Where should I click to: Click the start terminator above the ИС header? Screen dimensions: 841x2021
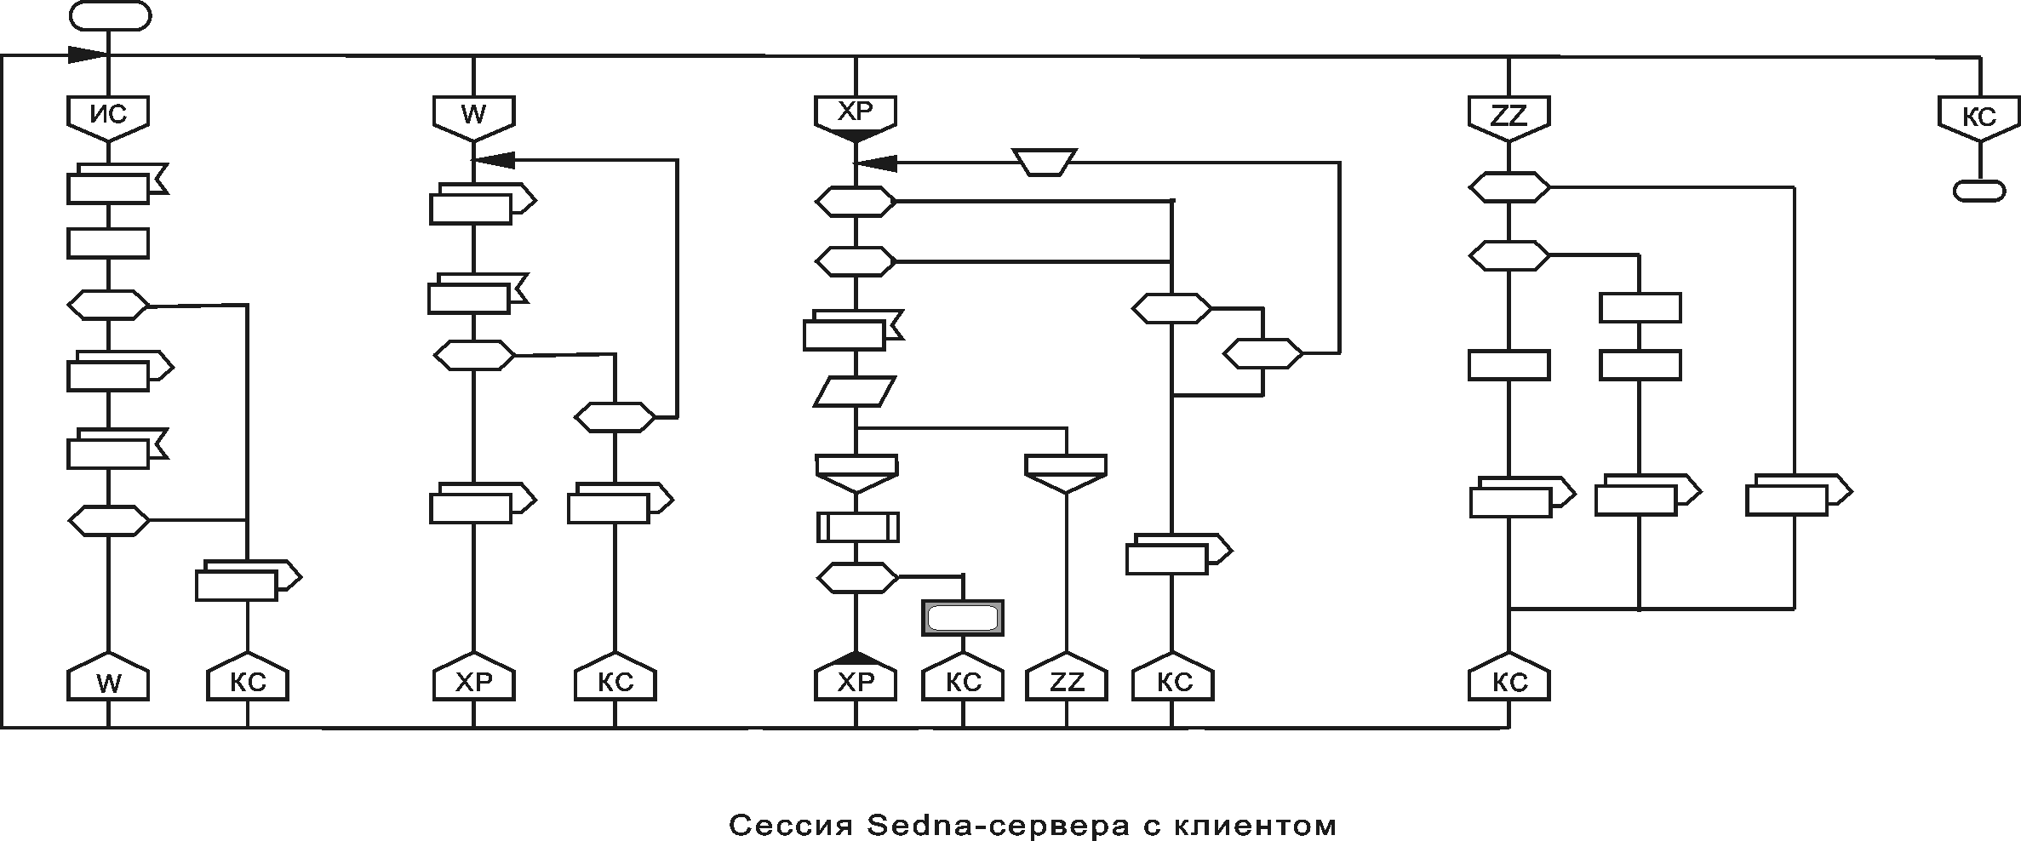pyautogui.click(x=111, y=16)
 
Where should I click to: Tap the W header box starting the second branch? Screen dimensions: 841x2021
pyautogui.click(x=473, y=114)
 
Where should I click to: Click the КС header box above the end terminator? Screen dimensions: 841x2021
pyautogui.click(x=1979, y=117)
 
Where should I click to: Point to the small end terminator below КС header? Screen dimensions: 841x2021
pyautogui.click(x=1978, y=190)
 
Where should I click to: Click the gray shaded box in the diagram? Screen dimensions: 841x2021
pyautogui.click(x=963, y=618)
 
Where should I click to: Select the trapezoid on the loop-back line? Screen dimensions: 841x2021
pyautogui.click(x=1045, y=162)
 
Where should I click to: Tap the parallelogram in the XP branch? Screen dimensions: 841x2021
pyautogui.click(x=855, y=392)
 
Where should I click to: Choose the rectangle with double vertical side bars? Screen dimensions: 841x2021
pyautogui.click(x=857, y=526)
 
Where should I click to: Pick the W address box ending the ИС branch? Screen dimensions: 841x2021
pyautogui.click(x=108, y=681)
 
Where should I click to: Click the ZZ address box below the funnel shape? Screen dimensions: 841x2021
pyautogui.click(x=1066, y=682)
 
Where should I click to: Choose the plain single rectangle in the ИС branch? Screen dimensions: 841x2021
pyautogui.click(x=108, y=243)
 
